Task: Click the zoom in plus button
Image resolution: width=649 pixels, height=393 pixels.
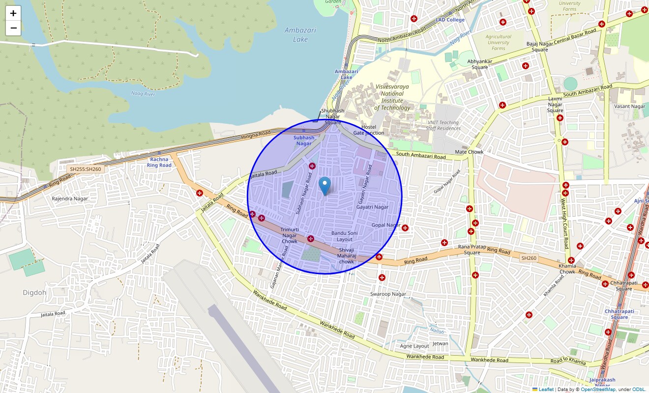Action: click(x=13, y=13)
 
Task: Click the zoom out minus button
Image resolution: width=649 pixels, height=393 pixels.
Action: click(x=13, y=28)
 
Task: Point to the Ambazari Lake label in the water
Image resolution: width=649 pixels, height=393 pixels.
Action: click(x=300, y=34)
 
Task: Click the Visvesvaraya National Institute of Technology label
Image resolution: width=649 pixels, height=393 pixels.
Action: click(x=392, y=97)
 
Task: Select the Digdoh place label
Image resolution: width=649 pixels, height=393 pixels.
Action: click(x=34, y=293)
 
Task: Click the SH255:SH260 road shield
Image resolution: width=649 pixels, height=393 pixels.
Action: click(x=86, y=169)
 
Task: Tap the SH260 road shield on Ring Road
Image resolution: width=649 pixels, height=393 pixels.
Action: click(x=529, y=258)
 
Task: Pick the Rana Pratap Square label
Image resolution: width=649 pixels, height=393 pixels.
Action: click(x=469, y=250)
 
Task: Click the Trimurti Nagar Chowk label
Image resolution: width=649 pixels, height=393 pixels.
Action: click(x=290, y=235)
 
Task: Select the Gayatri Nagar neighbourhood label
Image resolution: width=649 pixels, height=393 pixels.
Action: click(x=372, y=207)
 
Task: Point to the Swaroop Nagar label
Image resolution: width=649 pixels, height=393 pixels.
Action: click(x=388, y=294)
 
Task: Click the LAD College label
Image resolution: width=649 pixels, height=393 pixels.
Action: click(x=450, y=20)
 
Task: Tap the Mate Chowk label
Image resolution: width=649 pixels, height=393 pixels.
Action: click(x=469, y=152)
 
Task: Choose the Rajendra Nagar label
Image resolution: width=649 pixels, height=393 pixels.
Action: click(x=70, y=198)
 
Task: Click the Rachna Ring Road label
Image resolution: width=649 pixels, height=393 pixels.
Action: click(x=159, y=162)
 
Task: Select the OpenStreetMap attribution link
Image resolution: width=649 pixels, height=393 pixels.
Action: click(x=598, y=390)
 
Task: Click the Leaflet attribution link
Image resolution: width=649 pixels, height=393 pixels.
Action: click(x=546, y=390)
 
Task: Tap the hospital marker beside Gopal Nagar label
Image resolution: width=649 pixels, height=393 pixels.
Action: click(x=405, y=228)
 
